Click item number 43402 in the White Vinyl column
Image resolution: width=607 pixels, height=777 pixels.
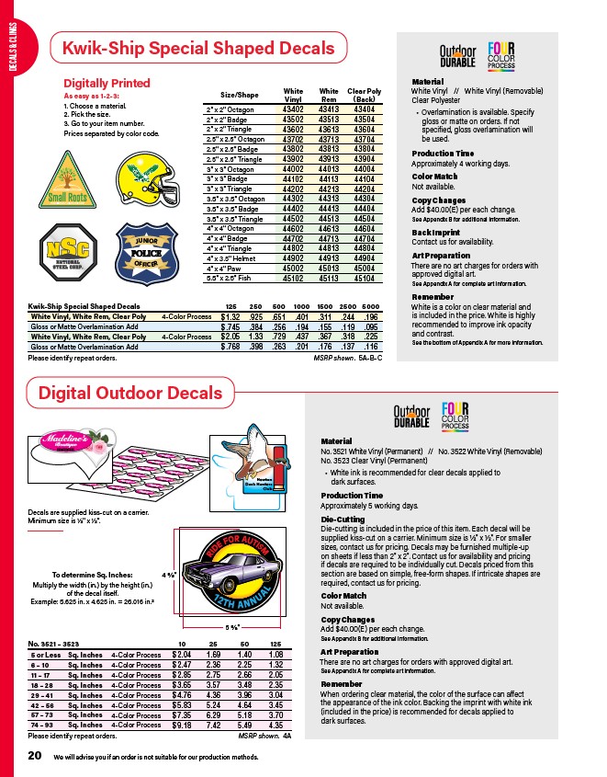[293, 109]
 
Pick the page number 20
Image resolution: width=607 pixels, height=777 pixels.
[35, 755]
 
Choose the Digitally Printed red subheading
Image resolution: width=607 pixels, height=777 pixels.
[107, 84]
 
